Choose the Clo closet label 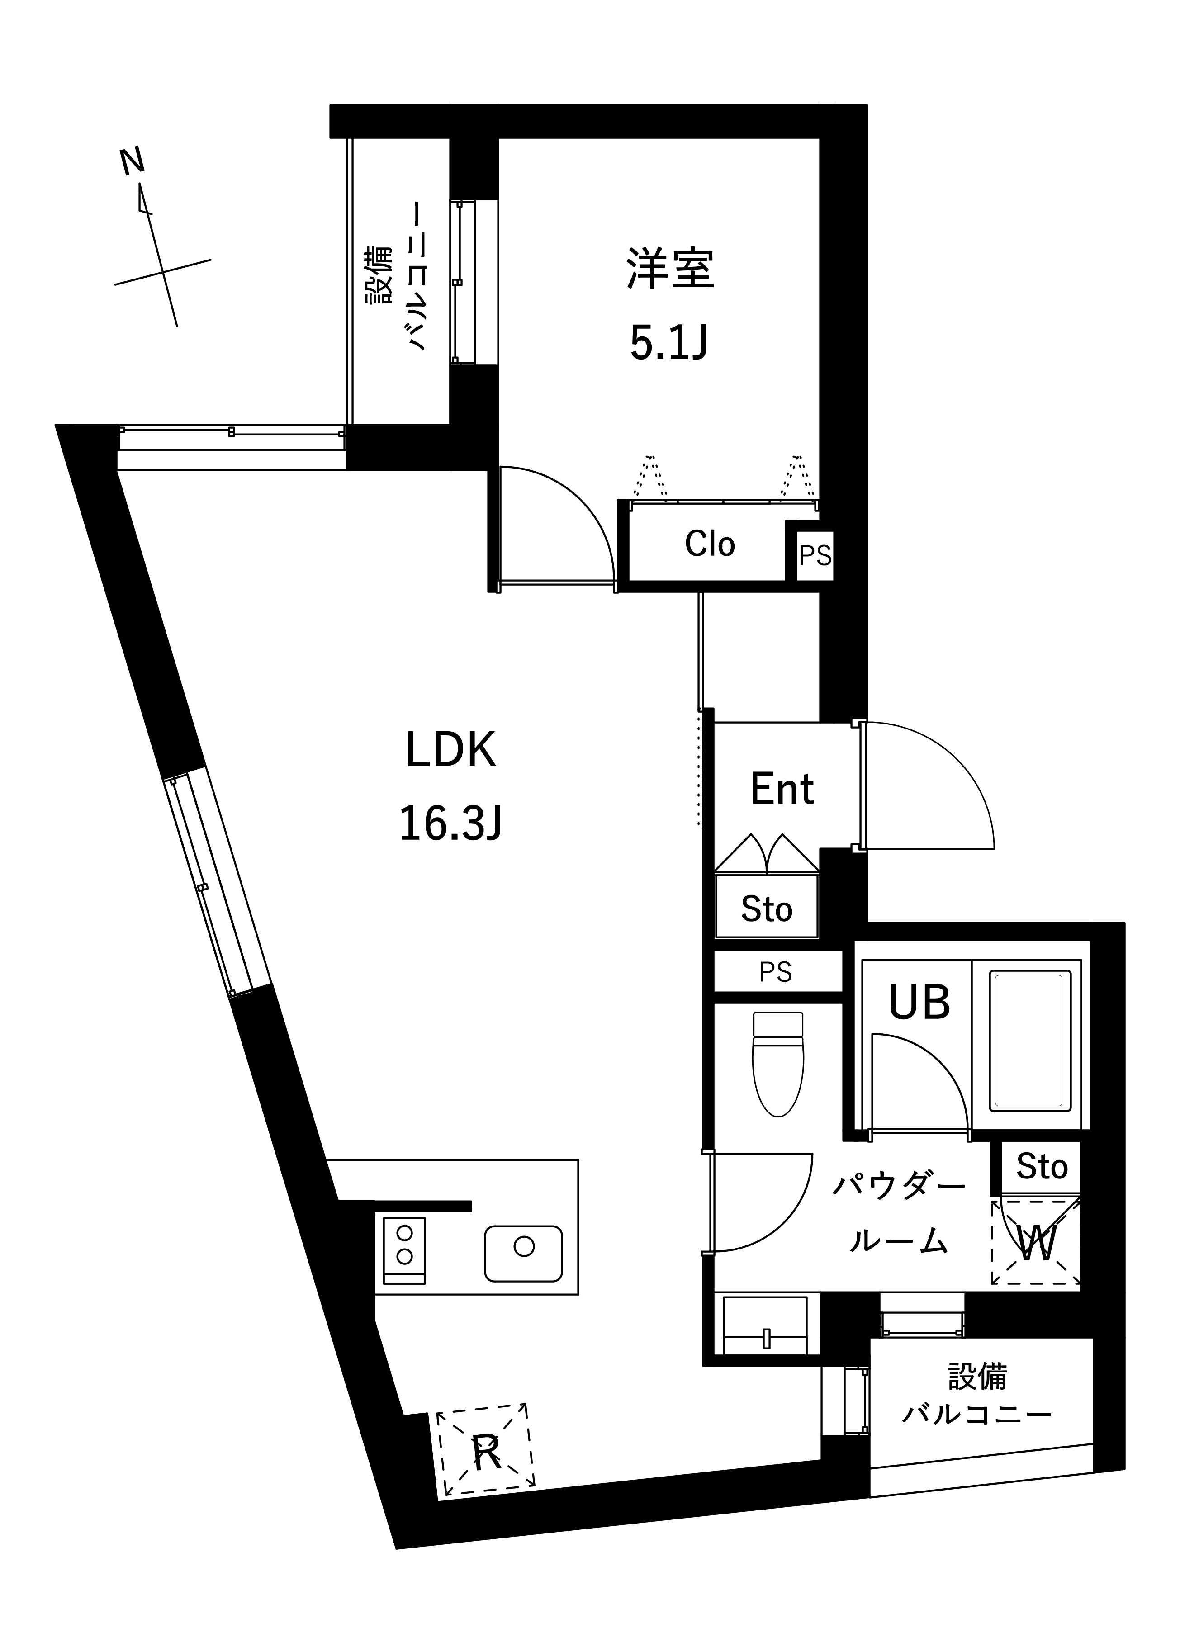[710, 544]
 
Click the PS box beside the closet [815, 555]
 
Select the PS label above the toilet [775, 972]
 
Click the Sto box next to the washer [1042, 1167]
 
